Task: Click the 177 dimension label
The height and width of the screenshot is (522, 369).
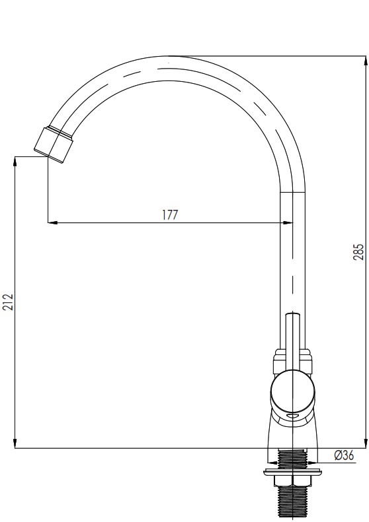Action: point(170,214)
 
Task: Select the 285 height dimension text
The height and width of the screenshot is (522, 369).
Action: point(358,252)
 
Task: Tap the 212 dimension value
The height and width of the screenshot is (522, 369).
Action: point(8,302)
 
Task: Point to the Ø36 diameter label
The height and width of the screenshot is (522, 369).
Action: point(344,455)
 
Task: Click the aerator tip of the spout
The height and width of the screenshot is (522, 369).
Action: point(54,145)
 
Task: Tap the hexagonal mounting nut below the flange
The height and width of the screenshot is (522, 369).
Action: point(292,481)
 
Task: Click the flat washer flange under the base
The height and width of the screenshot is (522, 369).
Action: point(292,472)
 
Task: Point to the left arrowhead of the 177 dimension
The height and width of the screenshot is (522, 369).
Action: point(52,222)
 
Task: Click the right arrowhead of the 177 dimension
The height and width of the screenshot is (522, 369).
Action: point(288,222)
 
